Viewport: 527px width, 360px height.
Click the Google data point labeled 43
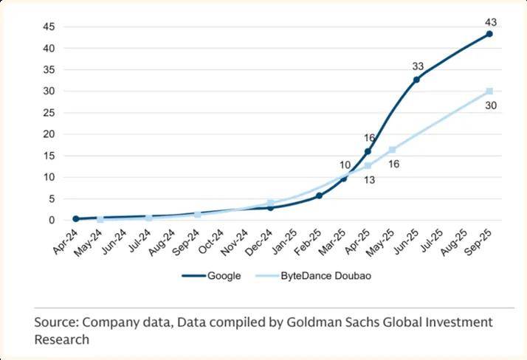(x=489, y=34)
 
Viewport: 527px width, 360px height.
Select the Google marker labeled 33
(x=416, y=79)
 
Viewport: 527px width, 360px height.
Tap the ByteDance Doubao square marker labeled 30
(x=489, y=91)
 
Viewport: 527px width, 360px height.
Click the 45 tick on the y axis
(x=49, y=27)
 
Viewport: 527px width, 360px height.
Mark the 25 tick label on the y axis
(x=49, y=113)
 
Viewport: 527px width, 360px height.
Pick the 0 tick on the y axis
(x=52, y=221)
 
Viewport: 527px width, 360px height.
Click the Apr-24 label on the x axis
(x=65, y=240)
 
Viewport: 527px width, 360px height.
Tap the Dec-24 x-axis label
(x=260, y=240)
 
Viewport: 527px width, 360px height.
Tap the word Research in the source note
(x=62, y=339)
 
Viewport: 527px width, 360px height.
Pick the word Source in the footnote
(x=56, y=323)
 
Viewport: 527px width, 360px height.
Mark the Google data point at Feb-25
(x=319, y=195)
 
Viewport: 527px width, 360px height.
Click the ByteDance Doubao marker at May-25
(x=392, y=150)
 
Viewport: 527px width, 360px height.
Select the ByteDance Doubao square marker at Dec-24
(x=271, y=203)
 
